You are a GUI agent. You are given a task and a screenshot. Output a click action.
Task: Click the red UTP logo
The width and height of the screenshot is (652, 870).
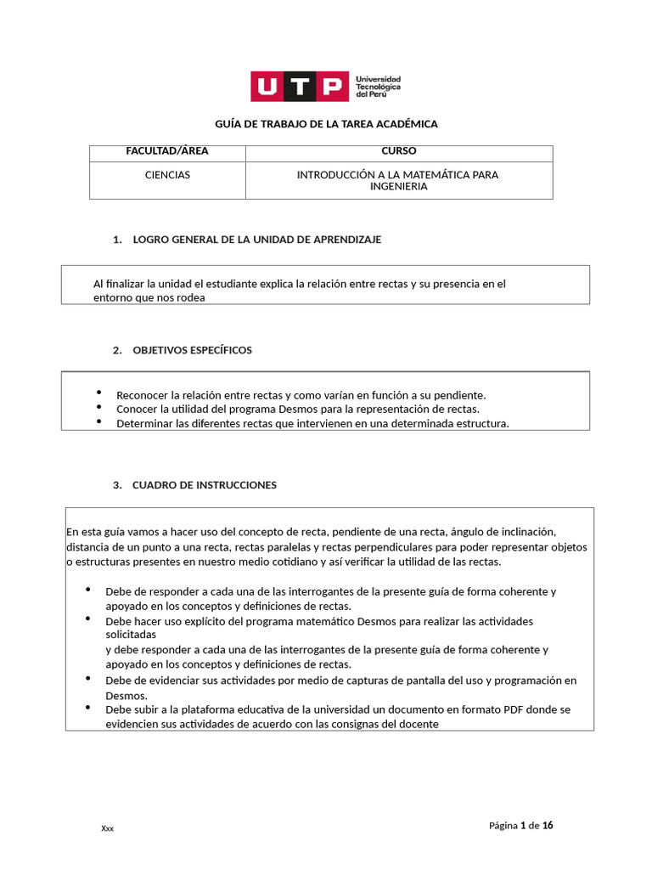(x=299, y=86)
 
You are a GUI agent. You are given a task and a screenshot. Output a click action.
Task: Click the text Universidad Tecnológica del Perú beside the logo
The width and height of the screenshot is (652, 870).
(x=378, y=86)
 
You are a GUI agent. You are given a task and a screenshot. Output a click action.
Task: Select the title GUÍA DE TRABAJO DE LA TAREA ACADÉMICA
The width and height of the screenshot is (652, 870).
(x=326, y=124)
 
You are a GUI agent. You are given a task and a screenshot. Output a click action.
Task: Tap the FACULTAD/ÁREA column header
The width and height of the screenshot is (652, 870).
(x=167, y=151)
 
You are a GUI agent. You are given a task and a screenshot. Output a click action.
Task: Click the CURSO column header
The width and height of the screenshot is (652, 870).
(x=399, y=151)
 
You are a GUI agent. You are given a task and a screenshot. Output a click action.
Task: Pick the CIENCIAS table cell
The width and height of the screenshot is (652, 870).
(x=167, y=175)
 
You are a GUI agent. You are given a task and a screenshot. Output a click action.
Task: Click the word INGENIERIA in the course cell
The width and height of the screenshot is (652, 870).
(x=398, y=187)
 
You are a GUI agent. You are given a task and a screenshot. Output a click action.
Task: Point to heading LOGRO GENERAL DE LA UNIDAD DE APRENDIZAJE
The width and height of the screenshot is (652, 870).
(x=256, y=240)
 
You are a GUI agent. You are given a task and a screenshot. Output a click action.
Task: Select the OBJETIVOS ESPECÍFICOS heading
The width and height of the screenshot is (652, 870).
(x=192, y=350)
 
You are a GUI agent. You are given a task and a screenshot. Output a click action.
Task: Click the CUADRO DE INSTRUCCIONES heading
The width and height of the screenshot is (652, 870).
(x=204, y=485)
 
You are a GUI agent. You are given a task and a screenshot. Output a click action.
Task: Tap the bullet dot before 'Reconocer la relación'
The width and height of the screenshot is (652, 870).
(x=98, y=393)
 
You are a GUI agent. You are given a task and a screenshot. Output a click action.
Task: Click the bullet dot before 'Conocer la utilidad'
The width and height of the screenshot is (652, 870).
(x=98, y=407)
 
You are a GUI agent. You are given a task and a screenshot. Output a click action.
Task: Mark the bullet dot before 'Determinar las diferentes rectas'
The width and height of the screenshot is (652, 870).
(x=98, y=421)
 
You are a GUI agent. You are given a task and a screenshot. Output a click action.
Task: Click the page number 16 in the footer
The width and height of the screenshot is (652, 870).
(x=548, y=825)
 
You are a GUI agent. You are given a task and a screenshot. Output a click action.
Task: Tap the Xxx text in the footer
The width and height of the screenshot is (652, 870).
(x=107, y=828)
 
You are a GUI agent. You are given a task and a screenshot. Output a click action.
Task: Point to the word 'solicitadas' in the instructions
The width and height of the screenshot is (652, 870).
(x=131, y=636)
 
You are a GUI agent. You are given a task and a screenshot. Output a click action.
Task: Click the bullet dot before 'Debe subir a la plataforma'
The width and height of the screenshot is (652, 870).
(x=87, y=707)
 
